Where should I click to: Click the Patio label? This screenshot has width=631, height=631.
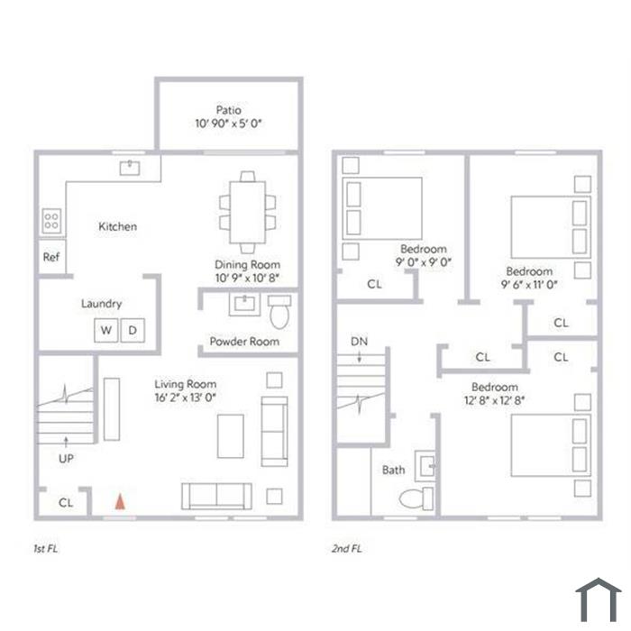pos(229,110)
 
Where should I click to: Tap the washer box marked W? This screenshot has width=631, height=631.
pos(106,331)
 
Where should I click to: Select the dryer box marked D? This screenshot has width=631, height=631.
pos(133,331)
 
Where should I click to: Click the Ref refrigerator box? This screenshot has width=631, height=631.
pos(52,257)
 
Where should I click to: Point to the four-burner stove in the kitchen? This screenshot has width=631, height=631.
pos(51,221)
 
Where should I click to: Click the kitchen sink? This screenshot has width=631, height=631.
pos(130,168)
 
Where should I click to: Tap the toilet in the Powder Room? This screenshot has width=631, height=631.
pos(279,312)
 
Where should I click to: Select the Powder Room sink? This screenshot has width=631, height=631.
pos(244,305)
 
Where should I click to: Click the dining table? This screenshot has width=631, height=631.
pos(248,213)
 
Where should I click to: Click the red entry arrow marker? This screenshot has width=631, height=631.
pos(120,502)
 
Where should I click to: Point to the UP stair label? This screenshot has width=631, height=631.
pos(66,458)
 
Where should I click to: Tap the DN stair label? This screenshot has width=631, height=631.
pos(359,342)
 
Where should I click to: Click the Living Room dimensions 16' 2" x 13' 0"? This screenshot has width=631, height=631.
pos(186,398)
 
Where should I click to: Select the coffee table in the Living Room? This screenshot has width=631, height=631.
pos(231,436)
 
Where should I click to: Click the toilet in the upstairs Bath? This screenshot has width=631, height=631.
pos(416,498)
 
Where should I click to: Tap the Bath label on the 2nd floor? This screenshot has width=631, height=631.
pos(393,470)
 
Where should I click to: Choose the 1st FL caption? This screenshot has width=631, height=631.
pos(45,548)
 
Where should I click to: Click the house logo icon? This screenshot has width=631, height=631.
pos(599,599)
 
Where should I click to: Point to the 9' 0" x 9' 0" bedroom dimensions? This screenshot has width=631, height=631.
pos(424,262)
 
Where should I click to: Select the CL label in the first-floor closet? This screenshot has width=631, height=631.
pos(66,503)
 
